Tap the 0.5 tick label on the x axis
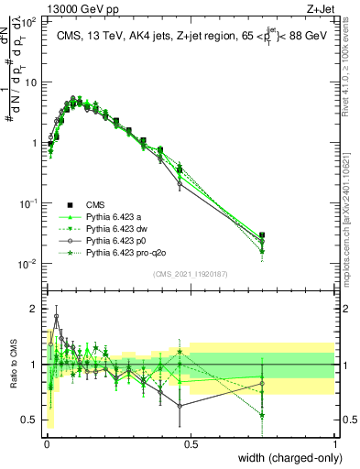(x=191, y=444)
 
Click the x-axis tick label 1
(x=335, y=444)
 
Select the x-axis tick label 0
(x=47, y=444)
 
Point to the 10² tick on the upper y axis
(x=30, y=22)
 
